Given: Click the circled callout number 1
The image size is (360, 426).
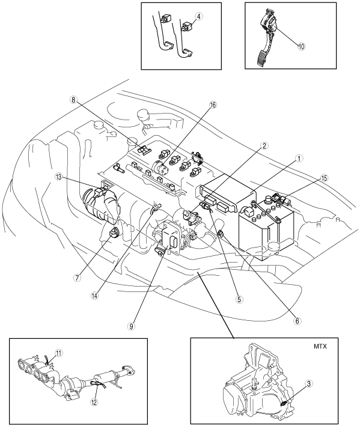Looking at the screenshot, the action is tap(299, 159).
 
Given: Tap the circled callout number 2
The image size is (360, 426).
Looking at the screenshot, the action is tap(264, 146).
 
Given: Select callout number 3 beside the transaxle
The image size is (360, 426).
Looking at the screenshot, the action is tap(309, 383).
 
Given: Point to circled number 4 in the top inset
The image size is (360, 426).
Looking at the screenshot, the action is tap(199, 16).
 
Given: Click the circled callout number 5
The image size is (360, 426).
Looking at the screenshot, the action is tap(239, 299).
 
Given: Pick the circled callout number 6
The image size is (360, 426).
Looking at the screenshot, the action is tap(297, 321).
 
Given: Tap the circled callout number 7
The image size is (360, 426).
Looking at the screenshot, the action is tap(77, 278).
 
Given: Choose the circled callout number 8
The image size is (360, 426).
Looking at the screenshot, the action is tap(73, 100).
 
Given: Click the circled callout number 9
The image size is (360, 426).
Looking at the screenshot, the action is tap(131, 327).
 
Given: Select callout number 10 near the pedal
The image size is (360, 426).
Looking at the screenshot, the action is tap(301, 46).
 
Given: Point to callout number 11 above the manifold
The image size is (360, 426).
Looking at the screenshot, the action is tap(59, 353).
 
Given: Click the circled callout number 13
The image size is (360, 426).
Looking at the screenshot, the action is tap(58, 177).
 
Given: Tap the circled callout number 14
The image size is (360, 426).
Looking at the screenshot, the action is tap(95, 296).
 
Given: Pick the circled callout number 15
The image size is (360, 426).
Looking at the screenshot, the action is tap(324, 178).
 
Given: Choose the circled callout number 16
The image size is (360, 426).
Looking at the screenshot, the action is tap(213, 105).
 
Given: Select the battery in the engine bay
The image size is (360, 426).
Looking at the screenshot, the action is tap(266, 228).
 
